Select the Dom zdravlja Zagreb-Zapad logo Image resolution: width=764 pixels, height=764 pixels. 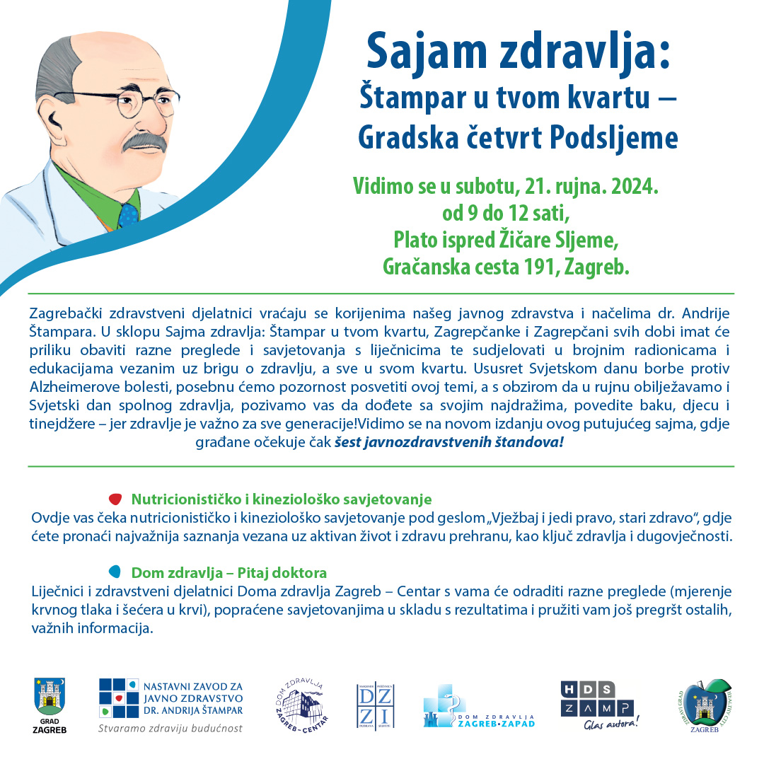pyautogui.click(x=478, y=706)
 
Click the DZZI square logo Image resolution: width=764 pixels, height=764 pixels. pyautogui.click(x=375, y=706)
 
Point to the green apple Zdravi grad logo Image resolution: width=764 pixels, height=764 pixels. pyautogui.click(x=705, y=704)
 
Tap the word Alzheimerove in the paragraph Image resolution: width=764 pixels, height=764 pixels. pyautogui.click(x=74, y=386)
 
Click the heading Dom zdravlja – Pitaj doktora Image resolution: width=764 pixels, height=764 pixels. pyautogui.click(x=229, y=572)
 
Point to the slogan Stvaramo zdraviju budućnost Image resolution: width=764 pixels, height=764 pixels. pyautogui.click(x=170, y=728)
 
